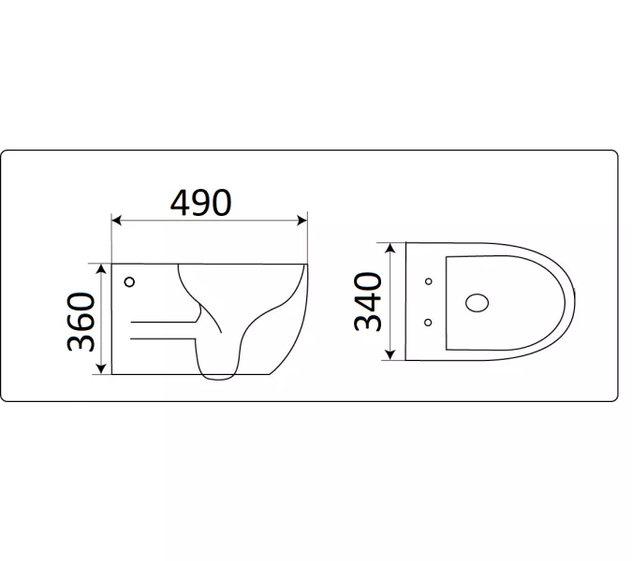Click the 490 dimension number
tap(200, 202)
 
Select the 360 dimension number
tap(81, 320)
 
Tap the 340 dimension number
tap(368, 300)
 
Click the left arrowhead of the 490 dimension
tap(116, 222)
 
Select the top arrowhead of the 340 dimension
tap(390, 248)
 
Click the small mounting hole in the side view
tap(129, 280)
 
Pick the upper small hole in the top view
tap(428, 281)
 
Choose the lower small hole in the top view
tap(428, 322)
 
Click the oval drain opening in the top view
tap(477, 301)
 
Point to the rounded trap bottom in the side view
tap(221, 374)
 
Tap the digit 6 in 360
tap(81, 320)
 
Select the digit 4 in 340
tap(368, 300)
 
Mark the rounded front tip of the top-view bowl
tap(573, 301)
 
